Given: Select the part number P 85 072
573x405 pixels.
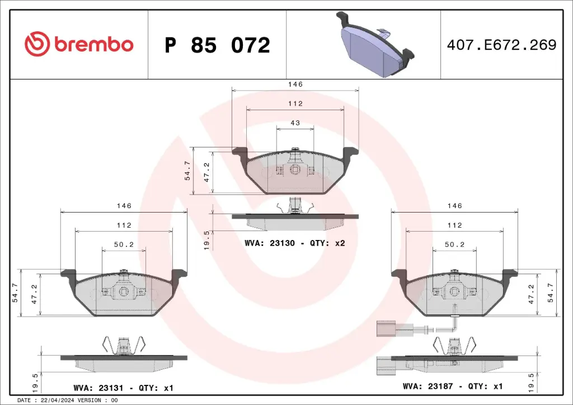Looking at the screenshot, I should tap(217, 45).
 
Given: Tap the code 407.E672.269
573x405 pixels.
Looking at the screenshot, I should tap(502, 45).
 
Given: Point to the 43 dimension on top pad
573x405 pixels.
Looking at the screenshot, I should tap(295, 123).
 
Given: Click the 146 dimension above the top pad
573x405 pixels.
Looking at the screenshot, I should tap(295, 84).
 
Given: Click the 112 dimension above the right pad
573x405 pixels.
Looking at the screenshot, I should tap(454, 225).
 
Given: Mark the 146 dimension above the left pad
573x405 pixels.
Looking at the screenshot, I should tap(124, 206).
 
